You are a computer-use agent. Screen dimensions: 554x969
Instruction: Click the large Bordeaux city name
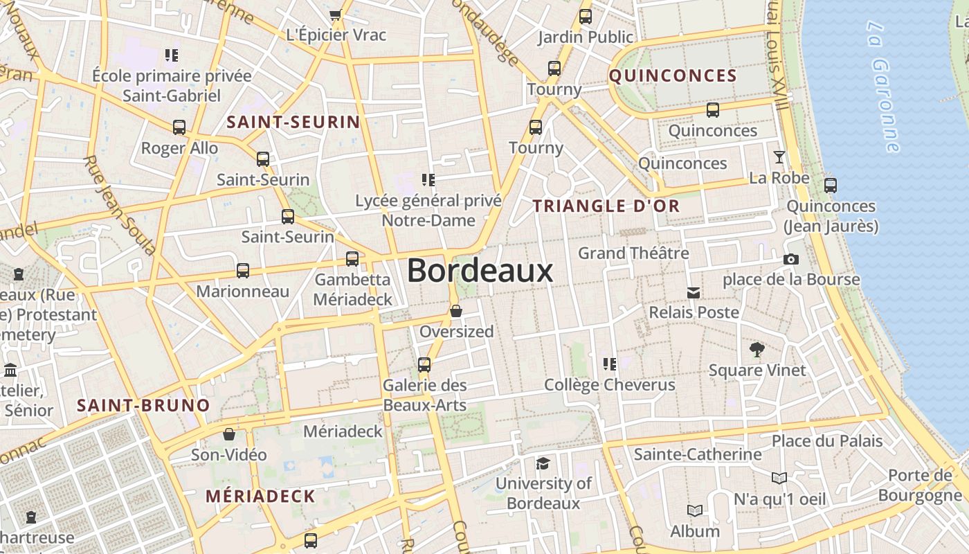point(480,271)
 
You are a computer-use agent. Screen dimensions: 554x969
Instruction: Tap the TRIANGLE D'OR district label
point(606,206)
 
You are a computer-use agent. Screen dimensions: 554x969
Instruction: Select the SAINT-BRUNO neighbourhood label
point(143,405)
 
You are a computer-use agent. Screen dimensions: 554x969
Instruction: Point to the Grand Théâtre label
point(633,253)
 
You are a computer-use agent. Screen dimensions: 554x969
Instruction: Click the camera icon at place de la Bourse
point(791,260)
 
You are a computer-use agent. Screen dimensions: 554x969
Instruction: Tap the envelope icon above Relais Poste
point(693,293)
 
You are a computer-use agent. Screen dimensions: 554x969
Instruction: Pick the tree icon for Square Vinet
point(757,350)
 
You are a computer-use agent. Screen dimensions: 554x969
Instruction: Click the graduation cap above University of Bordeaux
point(543,463)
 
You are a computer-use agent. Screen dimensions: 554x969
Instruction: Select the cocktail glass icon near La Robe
point(779,157)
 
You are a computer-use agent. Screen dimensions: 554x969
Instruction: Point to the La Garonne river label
point(884,87)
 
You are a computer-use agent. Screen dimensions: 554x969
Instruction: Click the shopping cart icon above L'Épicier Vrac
point(336,15)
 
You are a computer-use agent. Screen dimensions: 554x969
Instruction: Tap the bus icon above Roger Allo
point(179,127)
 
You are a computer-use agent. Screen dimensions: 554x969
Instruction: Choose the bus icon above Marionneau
point(242,271)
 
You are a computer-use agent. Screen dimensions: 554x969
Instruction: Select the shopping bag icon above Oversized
point(456,311)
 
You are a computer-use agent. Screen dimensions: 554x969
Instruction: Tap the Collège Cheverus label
point(609,385)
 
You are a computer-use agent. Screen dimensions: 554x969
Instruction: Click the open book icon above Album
point(694,511)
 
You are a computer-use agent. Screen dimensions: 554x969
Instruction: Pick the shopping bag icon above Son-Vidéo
point(229,434)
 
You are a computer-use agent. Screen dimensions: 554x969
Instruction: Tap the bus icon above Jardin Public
point(586,17)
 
